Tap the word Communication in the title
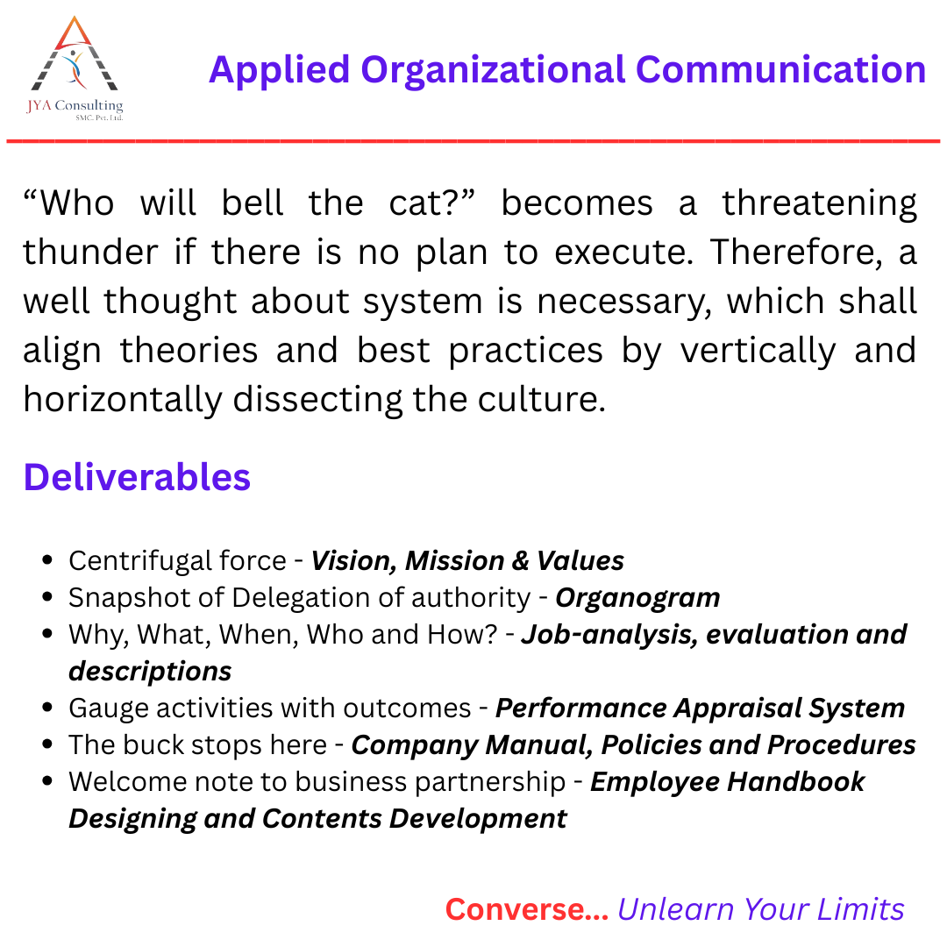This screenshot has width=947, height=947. click(781, 69)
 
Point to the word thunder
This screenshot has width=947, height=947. click(90, 252)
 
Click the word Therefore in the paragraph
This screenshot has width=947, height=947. click(791, 253)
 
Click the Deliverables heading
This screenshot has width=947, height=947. click(137, 477)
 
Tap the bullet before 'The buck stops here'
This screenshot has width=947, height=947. click(48, 744)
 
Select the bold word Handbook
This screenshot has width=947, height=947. click(795, 782)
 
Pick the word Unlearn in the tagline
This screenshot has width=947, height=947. click(675, 909)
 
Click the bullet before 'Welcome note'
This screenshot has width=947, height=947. click(48, 781)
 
